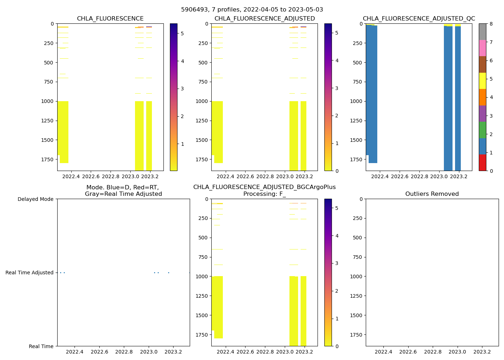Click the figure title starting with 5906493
pyautogui.click(x=252, y=10)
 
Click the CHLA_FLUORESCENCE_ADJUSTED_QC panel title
pyautogui.click(x=419, y=19)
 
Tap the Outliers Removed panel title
pyautogui.click(x=432, y=194)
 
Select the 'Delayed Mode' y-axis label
pyautogui.click(x=35, y=199)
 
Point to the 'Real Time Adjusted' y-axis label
pyautogui.click(x=30, y=273)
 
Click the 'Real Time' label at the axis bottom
pyautogui.click(x=41, y=346)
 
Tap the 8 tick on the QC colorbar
pyautogui.click(x=491, y=24)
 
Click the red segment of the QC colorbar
pyautogui.click(x=482, y=162)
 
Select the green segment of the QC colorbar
pyautogui.click(x=482, y=130)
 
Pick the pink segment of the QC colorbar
pyautogui.click(x=482, y=48)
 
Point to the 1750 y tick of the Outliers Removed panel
pyautogui.click(x=356, y=335)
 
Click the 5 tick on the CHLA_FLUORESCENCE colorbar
pyautogui.click(x=182, y=33)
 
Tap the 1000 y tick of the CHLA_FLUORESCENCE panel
pyautogui.click(x=47, y=101)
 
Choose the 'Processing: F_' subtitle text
pyautogui.click(x=264, y=194)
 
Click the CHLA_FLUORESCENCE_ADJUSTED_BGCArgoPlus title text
pyautogui.click(x=264, y=187)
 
